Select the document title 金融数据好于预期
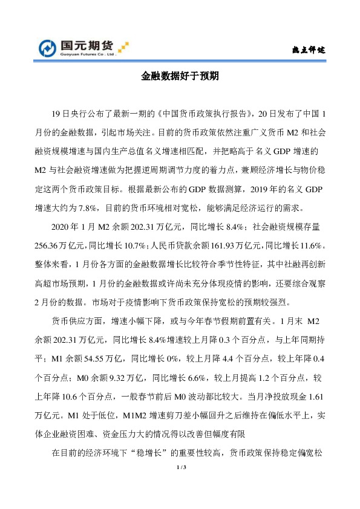click(180, 77)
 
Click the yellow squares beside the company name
click(123, 45)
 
